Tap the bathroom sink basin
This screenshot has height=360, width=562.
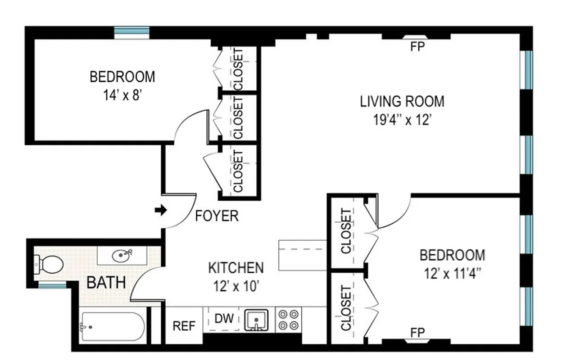[x=121, y=256]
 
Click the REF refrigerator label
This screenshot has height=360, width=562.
[x=185, y=326]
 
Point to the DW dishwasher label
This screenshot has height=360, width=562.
[x=224, y=319]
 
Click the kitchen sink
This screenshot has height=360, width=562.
[x=256, y=320]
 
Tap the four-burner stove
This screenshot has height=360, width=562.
[x=288, y=320]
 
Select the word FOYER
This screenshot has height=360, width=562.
[x=217, y=216]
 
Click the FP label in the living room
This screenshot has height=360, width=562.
[x=417, y=47]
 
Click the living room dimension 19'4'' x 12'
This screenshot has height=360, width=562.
[x=402, y=120]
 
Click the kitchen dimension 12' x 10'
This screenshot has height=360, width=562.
[x=236, y=286]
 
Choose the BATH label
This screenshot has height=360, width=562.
[x=106, y=283]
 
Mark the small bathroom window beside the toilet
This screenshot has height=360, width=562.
[x=52, y=285]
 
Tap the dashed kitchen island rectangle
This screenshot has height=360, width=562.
[x=302, y=255]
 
